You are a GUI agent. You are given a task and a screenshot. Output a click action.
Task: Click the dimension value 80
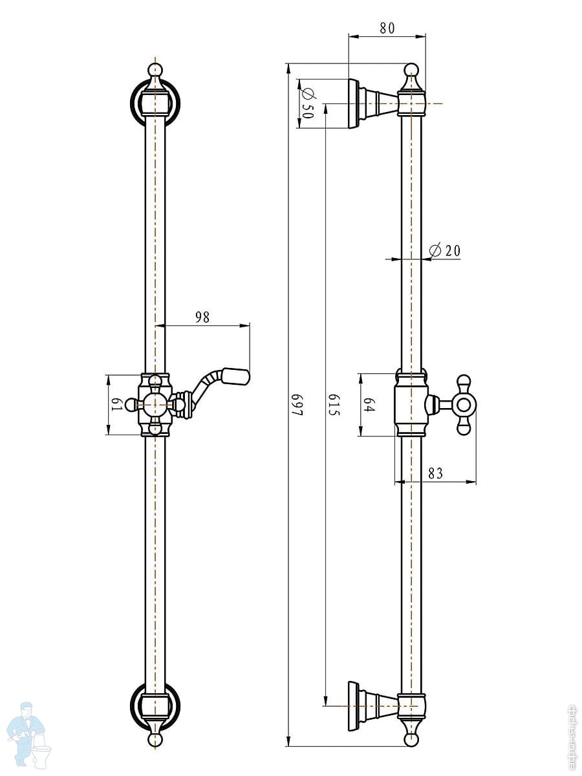[387, 28]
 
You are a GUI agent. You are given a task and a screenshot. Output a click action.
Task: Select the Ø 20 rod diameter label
[445, 250]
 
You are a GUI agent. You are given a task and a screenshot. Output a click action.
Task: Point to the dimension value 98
[202, 317]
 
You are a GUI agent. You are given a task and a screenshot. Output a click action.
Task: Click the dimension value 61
[116, 404]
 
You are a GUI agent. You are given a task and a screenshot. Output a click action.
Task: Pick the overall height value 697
[297, 404]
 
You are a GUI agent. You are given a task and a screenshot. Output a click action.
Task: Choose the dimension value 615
[333, 404]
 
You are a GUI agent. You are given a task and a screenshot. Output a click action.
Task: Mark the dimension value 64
[369, 405]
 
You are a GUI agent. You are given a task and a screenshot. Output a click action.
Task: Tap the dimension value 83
[435, 473]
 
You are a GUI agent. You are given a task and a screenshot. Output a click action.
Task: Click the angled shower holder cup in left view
[236, 376]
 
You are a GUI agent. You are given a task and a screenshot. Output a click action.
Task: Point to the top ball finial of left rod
[155, 70]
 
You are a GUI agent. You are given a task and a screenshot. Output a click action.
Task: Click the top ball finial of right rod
[411, 70]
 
